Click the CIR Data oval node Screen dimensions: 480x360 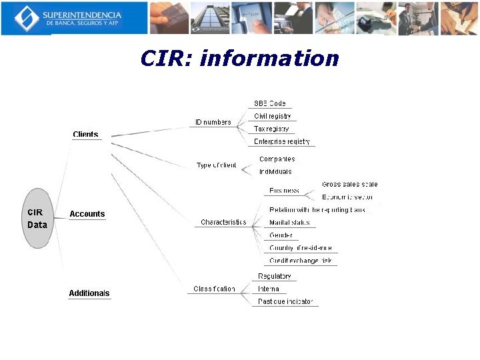click(x=38, y=218)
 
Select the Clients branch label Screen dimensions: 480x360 click(x=85, y=135)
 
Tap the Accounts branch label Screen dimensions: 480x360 click(x=87, y=214)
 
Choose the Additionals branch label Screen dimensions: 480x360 click(x=89, y=293)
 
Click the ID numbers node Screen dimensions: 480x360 click(x=213, y=122)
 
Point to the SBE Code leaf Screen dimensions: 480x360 click(x=269, y=103)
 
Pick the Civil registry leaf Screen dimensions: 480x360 click(x=273, y=116)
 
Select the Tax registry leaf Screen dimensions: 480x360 click(x=271, y=129)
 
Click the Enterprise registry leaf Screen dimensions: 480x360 click(x=282, y=141)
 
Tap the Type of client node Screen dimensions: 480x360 click(x=216, y=165)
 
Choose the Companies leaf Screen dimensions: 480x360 click(x=277, y=159)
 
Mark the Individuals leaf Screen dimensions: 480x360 click(x=275, y=171)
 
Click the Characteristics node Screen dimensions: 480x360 click(x=223, y=222)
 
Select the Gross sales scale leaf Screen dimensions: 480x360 click(x=349, y=184)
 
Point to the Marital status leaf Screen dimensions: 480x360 click(x=289, y=223)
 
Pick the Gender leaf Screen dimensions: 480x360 click(x=281, y=235)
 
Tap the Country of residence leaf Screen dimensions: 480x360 click(x=300, y=248)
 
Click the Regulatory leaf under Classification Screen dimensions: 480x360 click(x=275, y=276)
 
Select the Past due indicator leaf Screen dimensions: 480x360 click(x=285, y=301)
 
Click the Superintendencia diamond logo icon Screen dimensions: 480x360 click(x=26, y=18)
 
